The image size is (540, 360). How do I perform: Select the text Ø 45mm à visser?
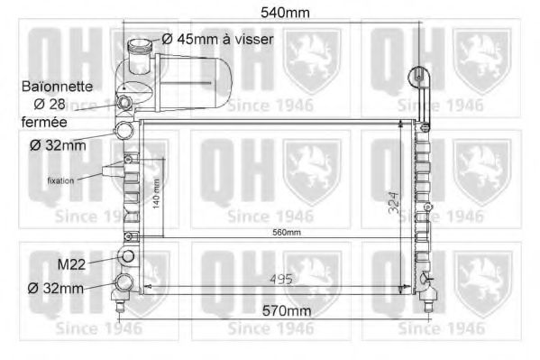[x=217, y=40]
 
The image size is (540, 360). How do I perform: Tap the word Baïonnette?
[x=55, y=87]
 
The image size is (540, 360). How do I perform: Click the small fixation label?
[x=61, y=180]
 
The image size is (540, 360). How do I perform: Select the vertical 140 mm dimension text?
[x=156, y=191]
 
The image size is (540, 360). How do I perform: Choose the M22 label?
[x=71, y=264]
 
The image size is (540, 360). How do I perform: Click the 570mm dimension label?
[x=271, y=310]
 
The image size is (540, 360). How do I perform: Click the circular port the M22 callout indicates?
[x=127, y=258]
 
